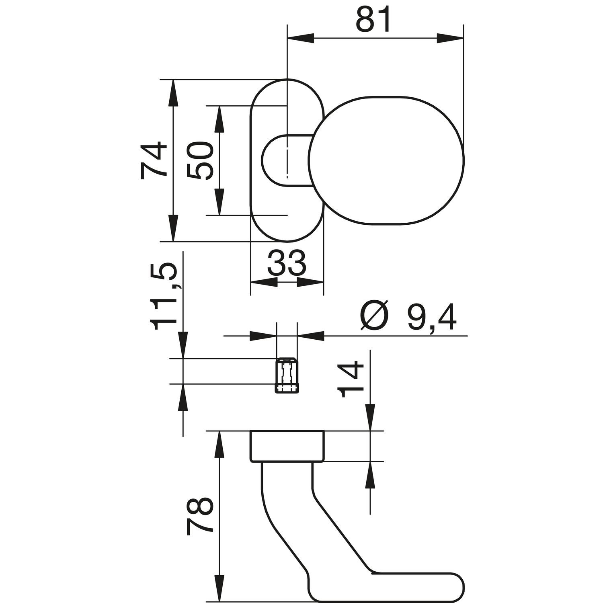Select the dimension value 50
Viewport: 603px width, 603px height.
200,161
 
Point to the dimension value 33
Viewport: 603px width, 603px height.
287,263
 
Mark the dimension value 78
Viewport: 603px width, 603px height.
200,516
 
